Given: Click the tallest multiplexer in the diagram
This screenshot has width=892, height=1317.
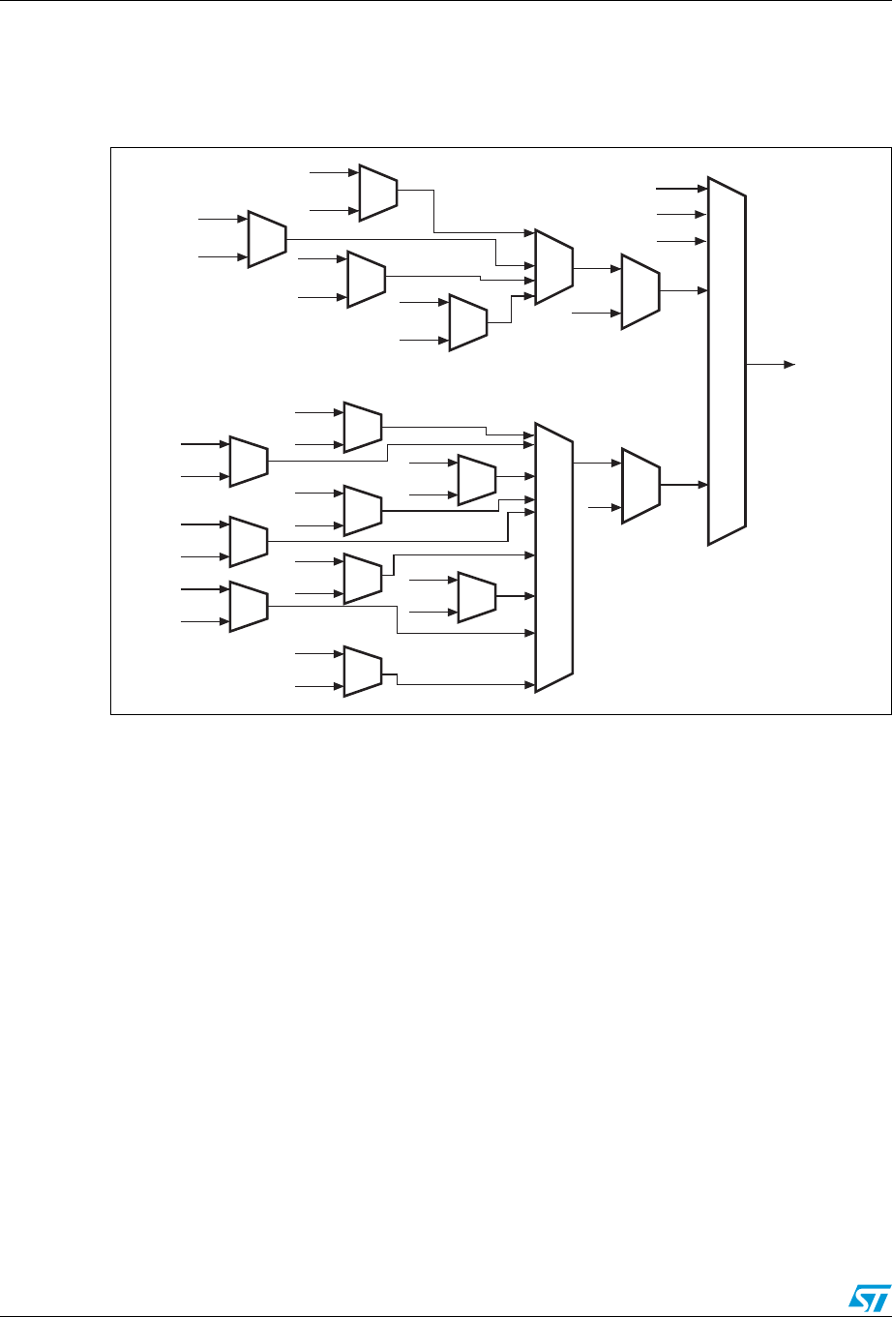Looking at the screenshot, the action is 727,361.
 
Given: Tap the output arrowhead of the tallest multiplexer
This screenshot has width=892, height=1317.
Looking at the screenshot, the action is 789,365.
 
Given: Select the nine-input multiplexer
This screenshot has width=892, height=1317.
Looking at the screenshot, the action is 554,556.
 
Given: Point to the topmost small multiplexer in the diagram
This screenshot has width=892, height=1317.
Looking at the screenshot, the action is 377,191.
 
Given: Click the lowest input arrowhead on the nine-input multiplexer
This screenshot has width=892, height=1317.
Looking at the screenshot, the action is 530,684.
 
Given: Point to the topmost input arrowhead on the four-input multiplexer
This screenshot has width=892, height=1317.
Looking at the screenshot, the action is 529,233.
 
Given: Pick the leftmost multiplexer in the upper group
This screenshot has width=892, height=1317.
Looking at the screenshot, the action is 267,238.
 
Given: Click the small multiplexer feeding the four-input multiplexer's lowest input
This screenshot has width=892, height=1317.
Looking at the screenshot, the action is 468,320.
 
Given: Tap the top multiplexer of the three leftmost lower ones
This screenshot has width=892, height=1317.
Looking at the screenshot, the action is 249,461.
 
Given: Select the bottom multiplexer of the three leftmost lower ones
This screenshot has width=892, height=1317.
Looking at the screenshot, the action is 249,606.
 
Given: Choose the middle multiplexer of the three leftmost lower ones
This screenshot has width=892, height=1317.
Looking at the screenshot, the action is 249,541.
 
